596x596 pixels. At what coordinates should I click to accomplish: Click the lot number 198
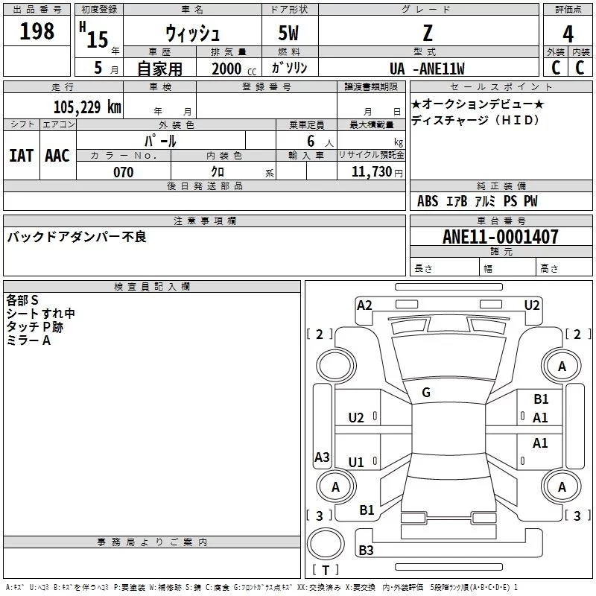(x=37, y=31)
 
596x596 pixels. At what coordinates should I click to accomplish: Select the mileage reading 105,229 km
(x=87, y=107)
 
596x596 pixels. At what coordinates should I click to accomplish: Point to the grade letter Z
(x=427, y=33)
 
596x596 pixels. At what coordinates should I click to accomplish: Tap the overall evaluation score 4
(x=568, y=34)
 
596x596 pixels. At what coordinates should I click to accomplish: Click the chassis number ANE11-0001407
(x=500, y=237)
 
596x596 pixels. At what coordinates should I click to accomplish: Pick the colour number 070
(x=123, y=172)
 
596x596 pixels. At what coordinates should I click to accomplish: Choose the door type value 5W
(x=288, y=34)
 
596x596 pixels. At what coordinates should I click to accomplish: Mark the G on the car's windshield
(x=426, y=393)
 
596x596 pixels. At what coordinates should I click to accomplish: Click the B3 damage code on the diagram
(x=366, y=551)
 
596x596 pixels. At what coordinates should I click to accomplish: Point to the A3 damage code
(x=322, y=457)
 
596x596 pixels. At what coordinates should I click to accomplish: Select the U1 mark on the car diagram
(x=356, y=463)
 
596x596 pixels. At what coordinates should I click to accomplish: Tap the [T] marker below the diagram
(x=326, y=571)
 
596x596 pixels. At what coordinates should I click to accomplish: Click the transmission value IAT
(x=21, y=155)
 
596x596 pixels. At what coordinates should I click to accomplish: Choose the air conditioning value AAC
(x=57, y=155)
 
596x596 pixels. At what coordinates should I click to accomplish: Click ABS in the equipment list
(x=428, y=201)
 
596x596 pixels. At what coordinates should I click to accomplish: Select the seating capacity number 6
(x=309, y=141)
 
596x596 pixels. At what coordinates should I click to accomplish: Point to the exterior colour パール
(x=160, y=141)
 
